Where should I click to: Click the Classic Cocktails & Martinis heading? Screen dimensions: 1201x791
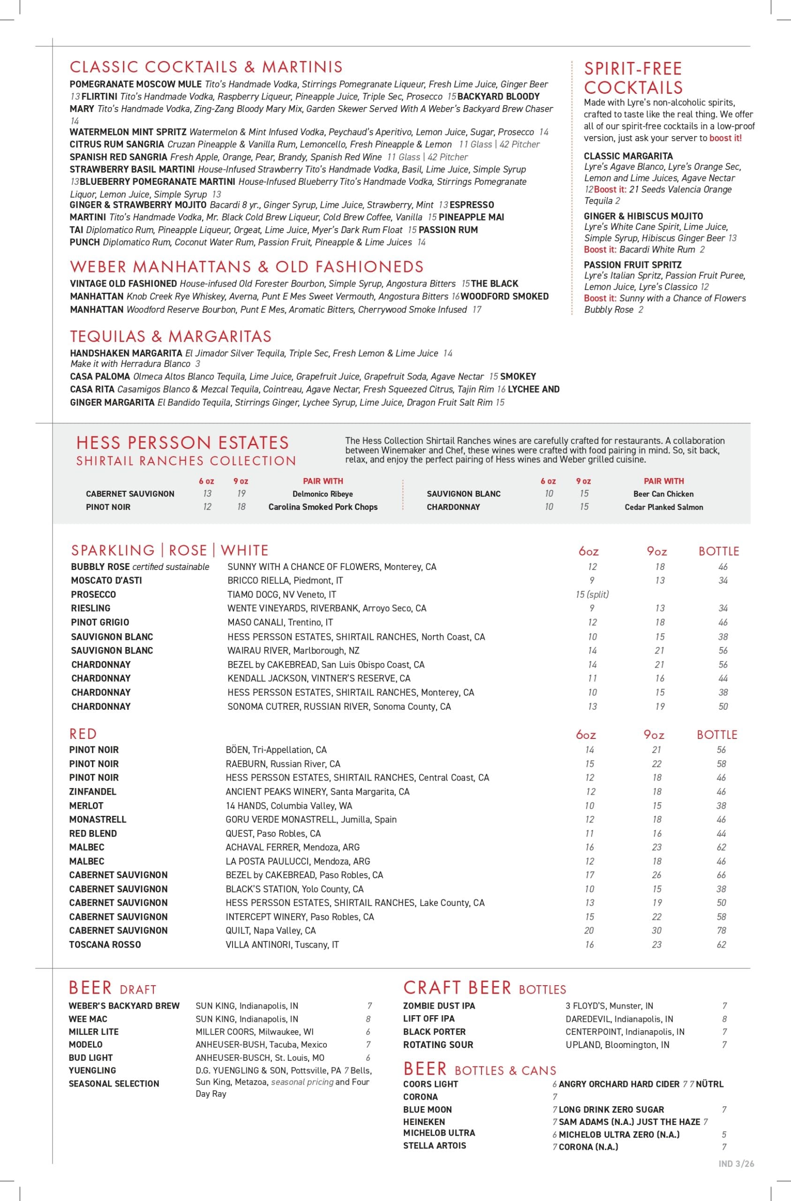pyautogui.click(x=206, y=67)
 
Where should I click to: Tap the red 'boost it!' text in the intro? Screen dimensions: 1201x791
pyautogui.click(x=725, y=138)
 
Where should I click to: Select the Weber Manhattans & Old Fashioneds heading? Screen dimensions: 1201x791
pyautogui.click(x=247, y=266)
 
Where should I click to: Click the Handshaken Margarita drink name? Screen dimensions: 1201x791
pyautogui.click(x=126, y=353)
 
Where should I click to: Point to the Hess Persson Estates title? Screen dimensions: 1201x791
pyautogui.click(x=182, y=442)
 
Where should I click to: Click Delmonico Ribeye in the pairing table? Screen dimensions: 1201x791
pyautogui.click(x=322, y=494)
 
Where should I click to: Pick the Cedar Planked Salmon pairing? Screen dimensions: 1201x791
pyautogui.click(x=663, y=507)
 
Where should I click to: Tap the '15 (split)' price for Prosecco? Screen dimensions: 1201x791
pyautogui.click(x=592, y=594)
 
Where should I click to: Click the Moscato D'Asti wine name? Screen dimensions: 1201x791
pyautogui.click(x=106, y=580)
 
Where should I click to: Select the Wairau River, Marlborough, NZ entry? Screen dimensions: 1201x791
pyautogui.click(x=293, y=650)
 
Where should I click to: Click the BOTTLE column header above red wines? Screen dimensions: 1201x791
pyautogui.click(x=717, y=735)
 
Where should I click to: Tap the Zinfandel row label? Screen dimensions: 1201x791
pyautogui.click(x=93, y=792)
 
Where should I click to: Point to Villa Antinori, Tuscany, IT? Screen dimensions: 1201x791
pyautogui.click(x=282, y=945)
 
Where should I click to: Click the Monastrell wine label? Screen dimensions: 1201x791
pyautogui.click(x=98, y=820)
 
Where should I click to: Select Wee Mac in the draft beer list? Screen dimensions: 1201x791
pyautogui.click(x=88, y=1019)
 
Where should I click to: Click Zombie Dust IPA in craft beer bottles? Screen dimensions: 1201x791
pyautogui.click(x=439, y=1006)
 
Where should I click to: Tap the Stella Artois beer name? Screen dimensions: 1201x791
pyautogui.click(x=434, y=1146)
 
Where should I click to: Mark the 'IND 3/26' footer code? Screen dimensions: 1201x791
pyautogui.click(x=736, y=1163)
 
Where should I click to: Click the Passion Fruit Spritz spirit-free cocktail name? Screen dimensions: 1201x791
pyautogui.click(x=633, y=265)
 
